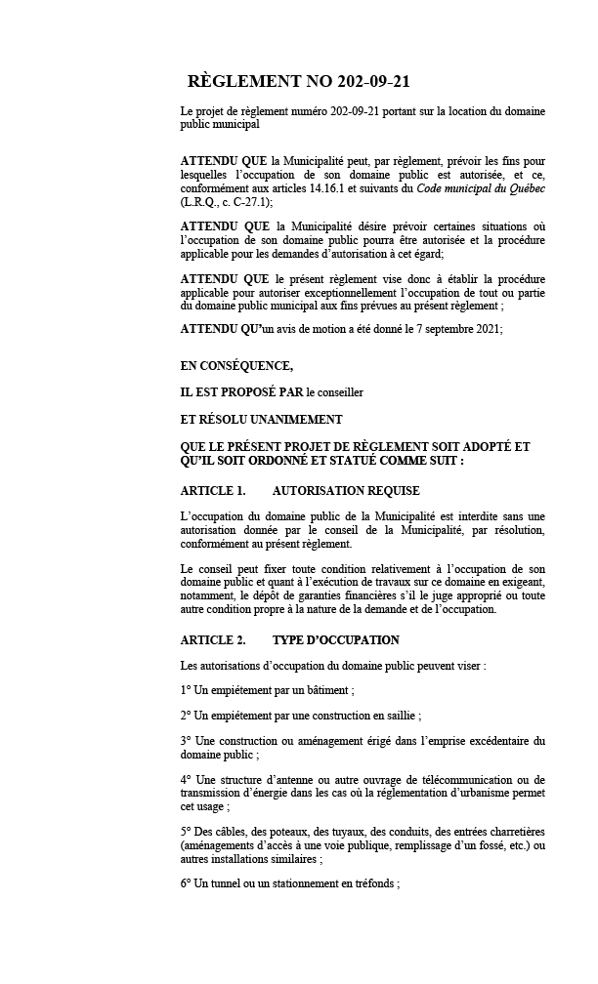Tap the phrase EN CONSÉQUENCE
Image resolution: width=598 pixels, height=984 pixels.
236,366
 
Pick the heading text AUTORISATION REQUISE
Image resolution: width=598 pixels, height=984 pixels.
346,490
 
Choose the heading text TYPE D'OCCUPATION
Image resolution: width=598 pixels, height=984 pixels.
335,640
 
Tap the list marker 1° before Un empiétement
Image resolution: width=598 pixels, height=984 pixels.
187,690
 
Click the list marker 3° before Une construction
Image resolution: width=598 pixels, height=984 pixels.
187,741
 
